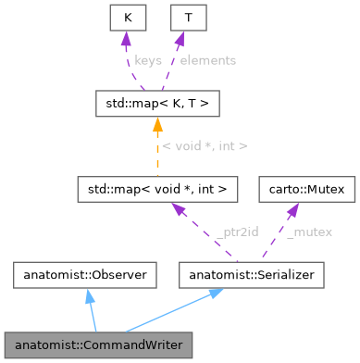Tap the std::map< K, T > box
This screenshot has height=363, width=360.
coord(156,102)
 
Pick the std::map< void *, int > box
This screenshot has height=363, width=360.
coord(157,188)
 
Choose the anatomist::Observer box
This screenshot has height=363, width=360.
coord(81,274)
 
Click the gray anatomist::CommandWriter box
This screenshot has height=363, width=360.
coord(97,344)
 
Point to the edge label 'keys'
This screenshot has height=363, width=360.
coord(149,59)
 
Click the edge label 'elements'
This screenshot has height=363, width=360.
coord(207,59)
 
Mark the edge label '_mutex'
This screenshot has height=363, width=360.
coord(309,232)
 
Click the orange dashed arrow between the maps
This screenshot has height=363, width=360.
coord(157,148)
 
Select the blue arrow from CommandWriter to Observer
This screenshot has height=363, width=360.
coord(90,310)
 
